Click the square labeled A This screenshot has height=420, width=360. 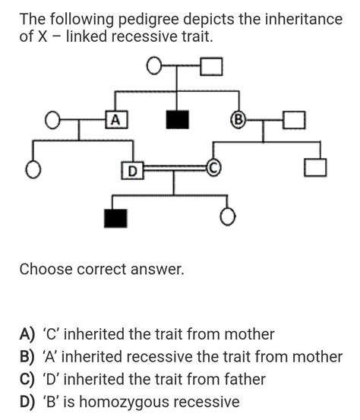[115, 119]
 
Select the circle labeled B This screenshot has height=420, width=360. [238, 119]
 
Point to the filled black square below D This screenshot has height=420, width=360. [115, 218]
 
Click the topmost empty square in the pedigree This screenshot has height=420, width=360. [212, 68]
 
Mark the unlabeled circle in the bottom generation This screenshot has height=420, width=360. [226, 218]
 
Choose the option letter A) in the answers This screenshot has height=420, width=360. [28, 333]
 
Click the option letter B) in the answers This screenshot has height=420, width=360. [28, 356]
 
